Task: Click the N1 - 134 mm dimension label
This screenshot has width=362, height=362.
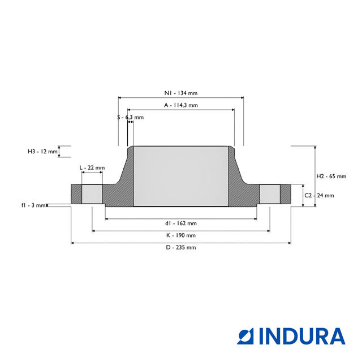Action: (180, 93)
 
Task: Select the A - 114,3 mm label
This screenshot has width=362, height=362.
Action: (180, 105)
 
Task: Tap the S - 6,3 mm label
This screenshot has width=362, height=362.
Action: (131, 117)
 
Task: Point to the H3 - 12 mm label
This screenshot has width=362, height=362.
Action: (43, 152)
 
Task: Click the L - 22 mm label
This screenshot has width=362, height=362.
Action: (92, 168)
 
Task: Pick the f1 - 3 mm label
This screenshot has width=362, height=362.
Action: (33, 205)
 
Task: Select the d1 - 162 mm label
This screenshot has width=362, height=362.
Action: (180, 223)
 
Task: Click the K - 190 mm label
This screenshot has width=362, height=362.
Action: (180, 235)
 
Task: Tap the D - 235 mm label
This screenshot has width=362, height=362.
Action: (180, 247)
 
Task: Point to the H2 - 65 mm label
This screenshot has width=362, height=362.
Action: (331, 176)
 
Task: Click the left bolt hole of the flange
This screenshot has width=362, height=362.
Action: (92, 194)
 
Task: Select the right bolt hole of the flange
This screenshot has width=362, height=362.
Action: (270, 194)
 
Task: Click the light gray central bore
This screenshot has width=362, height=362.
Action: (180, 176)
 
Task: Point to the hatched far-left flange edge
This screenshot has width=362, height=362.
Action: (76, 194)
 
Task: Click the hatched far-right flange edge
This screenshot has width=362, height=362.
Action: (286, 194)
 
